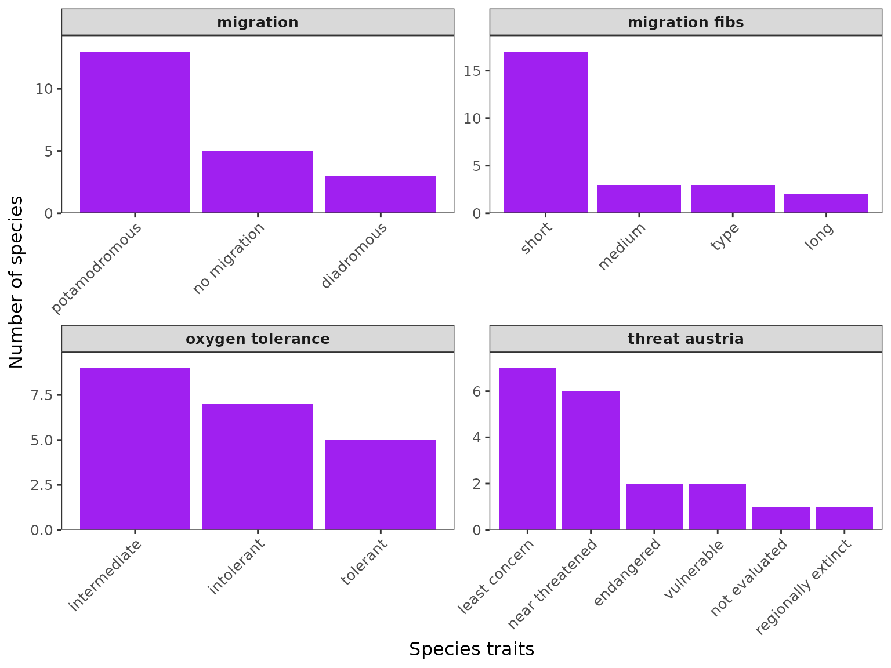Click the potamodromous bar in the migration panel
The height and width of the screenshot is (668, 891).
pyautogui.click(x=135, y=132)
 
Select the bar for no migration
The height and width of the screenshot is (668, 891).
pyautogui.click(x=258, y=182)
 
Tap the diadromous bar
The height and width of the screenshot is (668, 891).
pyautogui.click(x=381, y=194)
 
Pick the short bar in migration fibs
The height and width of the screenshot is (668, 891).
pyautogui.click(x=545, y=132)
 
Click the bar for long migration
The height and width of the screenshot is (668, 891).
pyautogui.click(x=826, y=204)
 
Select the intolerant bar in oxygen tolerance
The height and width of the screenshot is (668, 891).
pyautogui.click(x=258, y=467)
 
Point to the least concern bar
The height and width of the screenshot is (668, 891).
pyautogui.click(x=527, y=449)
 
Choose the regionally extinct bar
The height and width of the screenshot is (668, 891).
pyautogui.click(x=844, y=518)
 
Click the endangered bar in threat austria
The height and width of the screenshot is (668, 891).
pyautogui.click(x=654, y=506)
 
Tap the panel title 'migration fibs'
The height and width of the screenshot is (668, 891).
pyautogui.click(x=686, y=23)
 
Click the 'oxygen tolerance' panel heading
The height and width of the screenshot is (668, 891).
pyautogui.click(x=258, y=339)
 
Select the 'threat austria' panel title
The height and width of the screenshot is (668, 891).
pyautogui.click(x=686, y=339)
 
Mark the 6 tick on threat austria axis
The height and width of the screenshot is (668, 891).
pyautogui.click(x=477, y=391)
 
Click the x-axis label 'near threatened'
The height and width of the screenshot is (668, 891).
pyautogui.click(x=553, y=584)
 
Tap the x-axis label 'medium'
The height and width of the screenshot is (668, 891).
pyautogui.click(x=622, y=246)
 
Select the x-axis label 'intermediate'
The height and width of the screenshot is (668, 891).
pyautogui.click(x=106, y=575)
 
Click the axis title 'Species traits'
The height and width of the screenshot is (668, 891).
pyautogui.click(x=472, y=649)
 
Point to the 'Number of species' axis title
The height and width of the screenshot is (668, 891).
pyautogui.click(x=16, y=282)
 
